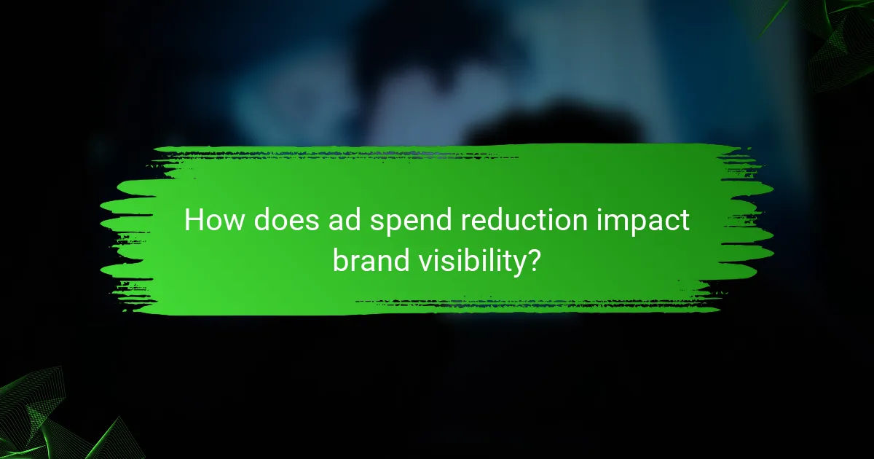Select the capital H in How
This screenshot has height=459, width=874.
pyautogui.click(x=194, y=220)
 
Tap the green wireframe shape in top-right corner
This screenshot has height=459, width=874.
pyautogui.click(x=830, y=44)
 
